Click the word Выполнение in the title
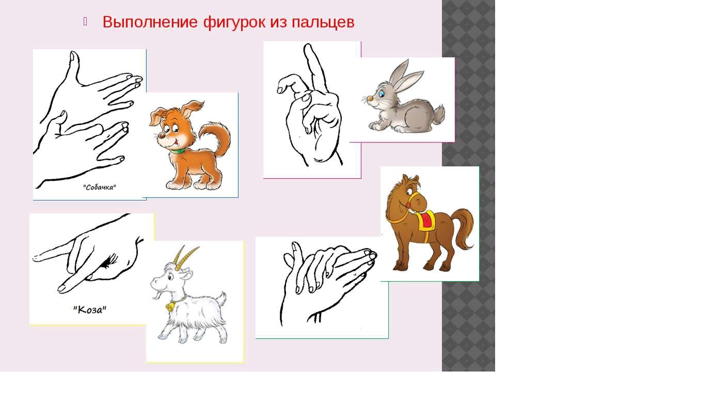coord(150,22)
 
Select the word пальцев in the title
coord(323,23)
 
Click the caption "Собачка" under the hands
coord(100,187)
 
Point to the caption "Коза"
coord(89,310)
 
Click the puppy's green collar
coord(177,151)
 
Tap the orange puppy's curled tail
coord(217,137)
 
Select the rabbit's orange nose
coord(370,98)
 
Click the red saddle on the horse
coord(426,220)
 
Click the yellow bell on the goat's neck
coord(169,307)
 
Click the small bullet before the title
coord(85,21)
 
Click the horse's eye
coord(409,192)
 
